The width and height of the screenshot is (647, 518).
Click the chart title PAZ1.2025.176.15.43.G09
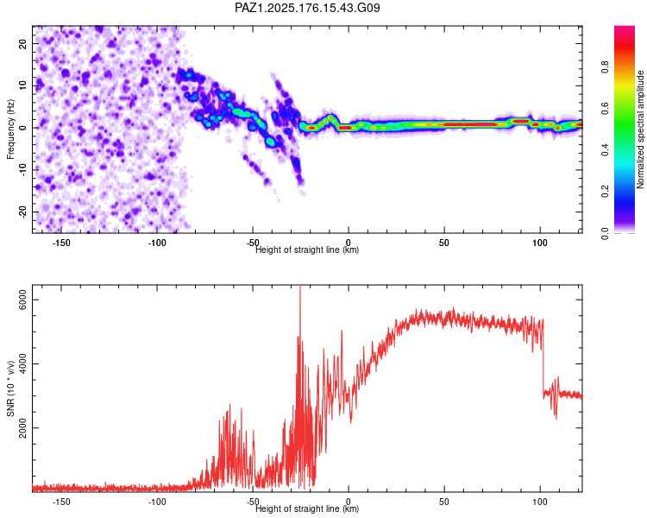pos(307,8)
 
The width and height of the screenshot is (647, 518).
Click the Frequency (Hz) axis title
pos(10,129)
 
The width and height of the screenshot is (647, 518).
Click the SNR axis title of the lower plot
pos(10,388)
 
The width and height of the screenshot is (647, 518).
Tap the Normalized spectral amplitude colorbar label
pos(640,129)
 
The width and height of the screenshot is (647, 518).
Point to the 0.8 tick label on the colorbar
pos(605,66)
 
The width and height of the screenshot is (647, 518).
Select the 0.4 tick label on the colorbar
pos(605,149)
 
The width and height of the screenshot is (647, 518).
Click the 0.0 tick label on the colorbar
pos(605,233)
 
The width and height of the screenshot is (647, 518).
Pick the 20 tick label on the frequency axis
pos(22,43)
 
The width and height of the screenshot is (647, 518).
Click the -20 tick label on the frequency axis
pos(22,212)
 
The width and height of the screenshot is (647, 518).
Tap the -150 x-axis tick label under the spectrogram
pos(61,243)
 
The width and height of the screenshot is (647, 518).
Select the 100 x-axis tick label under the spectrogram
pos(540,243)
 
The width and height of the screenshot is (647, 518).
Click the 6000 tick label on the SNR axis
pos(22,300)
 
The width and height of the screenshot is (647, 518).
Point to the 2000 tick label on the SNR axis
pos(22,427)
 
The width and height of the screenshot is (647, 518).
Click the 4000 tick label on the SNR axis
pos(22,363)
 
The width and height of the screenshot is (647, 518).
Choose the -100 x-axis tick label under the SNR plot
pos(157,502)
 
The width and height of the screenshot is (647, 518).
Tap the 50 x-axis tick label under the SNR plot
pos(444,502)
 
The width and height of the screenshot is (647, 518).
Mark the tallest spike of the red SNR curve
pos(300,287)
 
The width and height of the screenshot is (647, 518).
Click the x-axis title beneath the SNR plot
pos(307,509)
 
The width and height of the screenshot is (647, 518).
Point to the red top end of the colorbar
pos(625,28)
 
